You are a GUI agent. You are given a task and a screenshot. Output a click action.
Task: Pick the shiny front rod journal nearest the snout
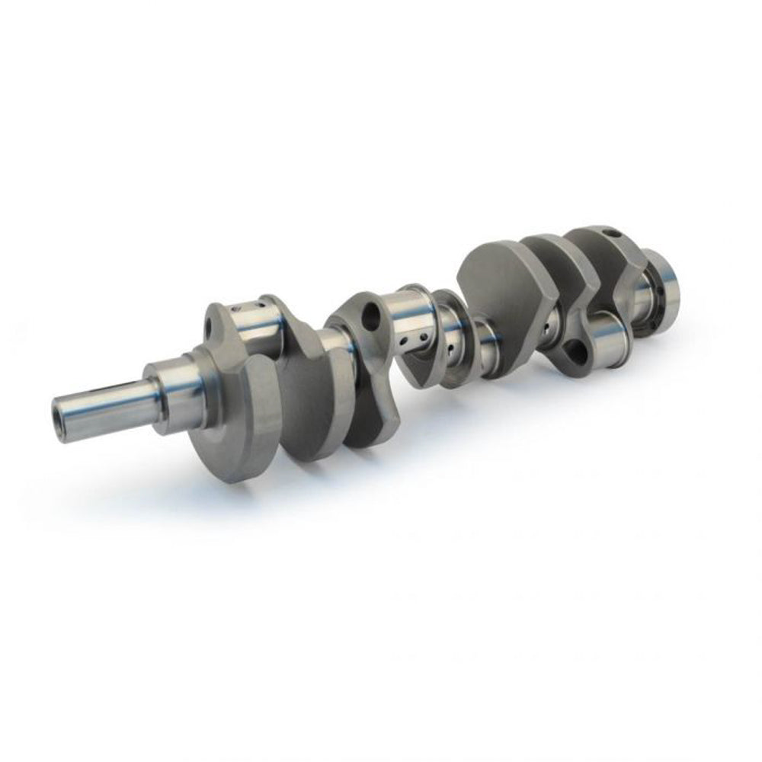pyautogui.click(x=255, y=324)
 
